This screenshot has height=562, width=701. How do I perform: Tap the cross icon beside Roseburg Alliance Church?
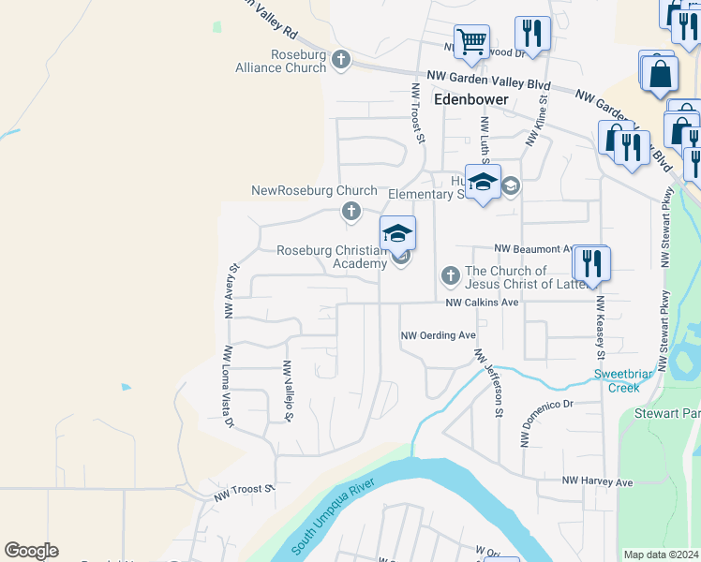[x=340, y=61]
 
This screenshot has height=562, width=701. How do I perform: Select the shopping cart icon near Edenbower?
[x=471, y=40]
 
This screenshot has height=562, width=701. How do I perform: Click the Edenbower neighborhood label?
[x=470, y=98]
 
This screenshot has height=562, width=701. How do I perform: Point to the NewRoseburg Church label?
[x=314, y=191]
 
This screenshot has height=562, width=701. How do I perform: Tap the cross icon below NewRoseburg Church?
[x=350, y=212]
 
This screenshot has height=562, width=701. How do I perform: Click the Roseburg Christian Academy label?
[x=332, y=257]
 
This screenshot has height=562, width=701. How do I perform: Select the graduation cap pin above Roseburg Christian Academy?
[x=397, y=232]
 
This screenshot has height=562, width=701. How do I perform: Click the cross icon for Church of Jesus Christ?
[x=450, y=276]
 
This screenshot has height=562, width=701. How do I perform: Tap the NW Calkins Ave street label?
[x=482, y=303]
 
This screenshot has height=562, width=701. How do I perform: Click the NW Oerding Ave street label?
[x=439, y=335]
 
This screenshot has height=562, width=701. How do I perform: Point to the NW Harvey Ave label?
[x=598, y=481]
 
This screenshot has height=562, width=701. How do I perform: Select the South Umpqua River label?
[x=332, y=515]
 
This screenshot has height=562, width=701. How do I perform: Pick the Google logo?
[x=31, y=551]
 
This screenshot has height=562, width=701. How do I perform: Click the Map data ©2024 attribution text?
[x=662, y=555]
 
